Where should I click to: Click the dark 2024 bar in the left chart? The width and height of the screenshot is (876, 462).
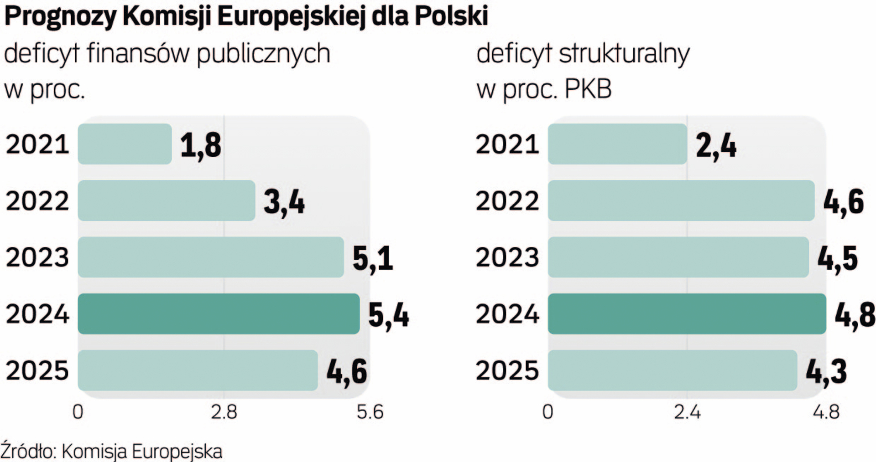pyautogui.click(x=219, y=313)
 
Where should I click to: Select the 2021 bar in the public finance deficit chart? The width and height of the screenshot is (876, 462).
pyautogui.click(x=125, y=144)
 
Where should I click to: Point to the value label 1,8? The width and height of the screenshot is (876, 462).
pyautogui.click(x=200, y=146)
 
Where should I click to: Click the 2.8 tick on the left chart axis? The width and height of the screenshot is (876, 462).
pyautogui.click(x=224, y=412)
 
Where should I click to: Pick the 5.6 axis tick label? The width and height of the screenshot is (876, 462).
pyautogui.click(x=370, y=412)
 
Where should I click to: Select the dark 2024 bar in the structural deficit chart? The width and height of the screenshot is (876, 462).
pyautogui.click(x=687, y=313)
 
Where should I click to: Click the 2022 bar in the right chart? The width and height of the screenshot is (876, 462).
pyautogui.click(x=681, y=200)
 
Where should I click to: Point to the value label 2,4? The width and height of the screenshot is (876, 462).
pyautogui.click(x=715, y=146)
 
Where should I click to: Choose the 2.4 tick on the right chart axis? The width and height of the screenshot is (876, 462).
pyautogui.click(x=687, y=412)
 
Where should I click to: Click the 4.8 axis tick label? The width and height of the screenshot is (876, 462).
pyautogui.click(x=826, y=412)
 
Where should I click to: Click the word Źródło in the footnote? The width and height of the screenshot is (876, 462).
pyautogui.click(x=27, y=451)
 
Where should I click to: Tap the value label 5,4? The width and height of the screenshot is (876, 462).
pyautogui.click(x=388, y=315)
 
